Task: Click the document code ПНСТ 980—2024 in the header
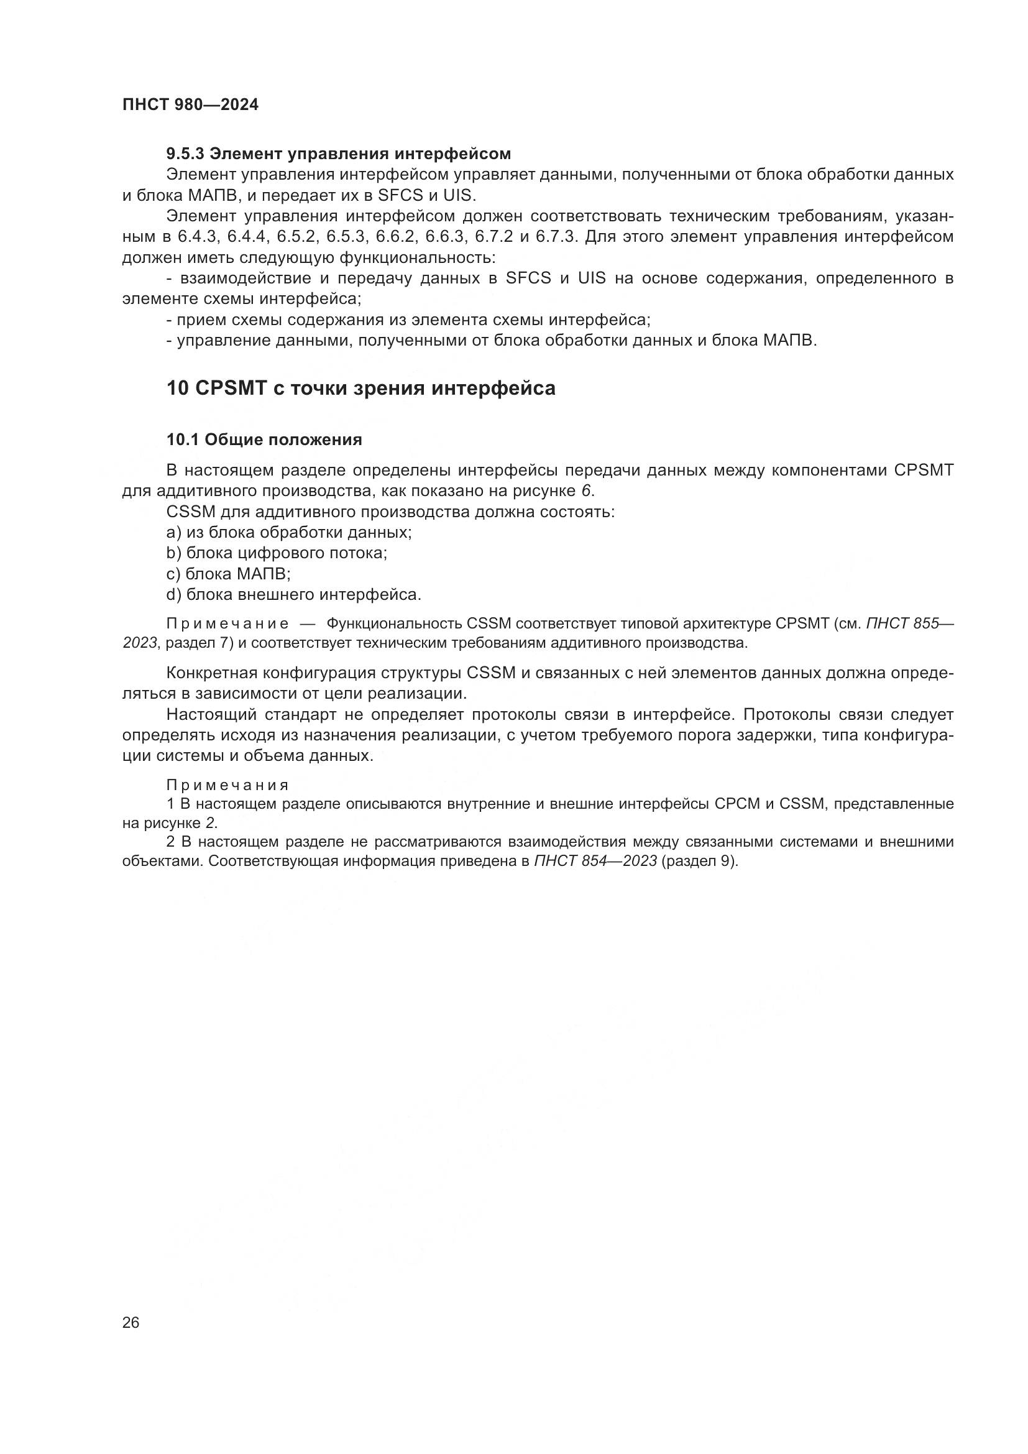coord(190,105)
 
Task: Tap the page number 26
coord(131,1322)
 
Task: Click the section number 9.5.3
coord(185,154)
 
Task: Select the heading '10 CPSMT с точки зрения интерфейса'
coord(361,387)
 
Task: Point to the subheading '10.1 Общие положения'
coord(264,439)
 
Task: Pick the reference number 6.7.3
coord(556,237)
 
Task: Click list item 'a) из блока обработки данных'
coord(288,532)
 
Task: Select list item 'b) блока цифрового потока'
coord(277,553)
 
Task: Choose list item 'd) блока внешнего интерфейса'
coord(294,595)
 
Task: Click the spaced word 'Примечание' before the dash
coord(227,623)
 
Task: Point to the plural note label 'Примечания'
coord(227,785)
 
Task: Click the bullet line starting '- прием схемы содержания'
coord(408,320)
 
